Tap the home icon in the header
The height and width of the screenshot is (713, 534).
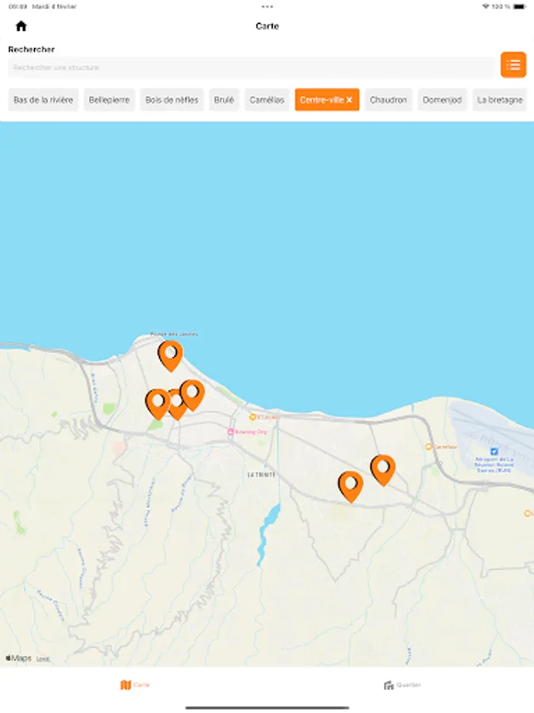point(21,26)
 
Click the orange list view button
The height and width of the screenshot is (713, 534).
point(513,65)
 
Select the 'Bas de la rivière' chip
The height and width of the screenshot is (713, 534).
point(44,100)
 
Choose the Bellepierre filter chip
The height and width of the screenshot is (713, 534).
point(109,100)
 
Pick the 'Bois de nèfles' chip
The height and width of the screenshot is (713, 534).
point(172,100)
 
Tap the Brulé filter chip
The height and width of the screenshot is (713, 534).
point(224,100)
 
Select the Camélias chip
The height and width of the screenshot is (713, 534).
point(267,100)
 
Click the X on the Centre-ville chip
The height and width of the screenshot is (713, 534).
point(349,100)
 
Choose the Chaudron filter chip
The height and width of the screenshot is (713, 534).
point(388,100)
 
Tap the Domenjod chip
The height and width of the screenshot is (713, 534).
point(442,100)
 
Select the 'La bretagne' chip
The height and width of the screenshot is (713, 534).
point(500,100)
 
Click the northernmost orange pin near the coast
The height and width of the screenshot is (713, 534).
point(170,354)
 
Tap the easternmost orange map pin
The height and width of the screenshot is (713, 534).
point(383,468)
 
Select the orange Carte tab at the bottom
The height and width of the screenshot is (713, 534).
point(134,684)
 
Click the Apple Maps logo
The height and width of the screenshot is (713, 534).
point(19,658)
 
